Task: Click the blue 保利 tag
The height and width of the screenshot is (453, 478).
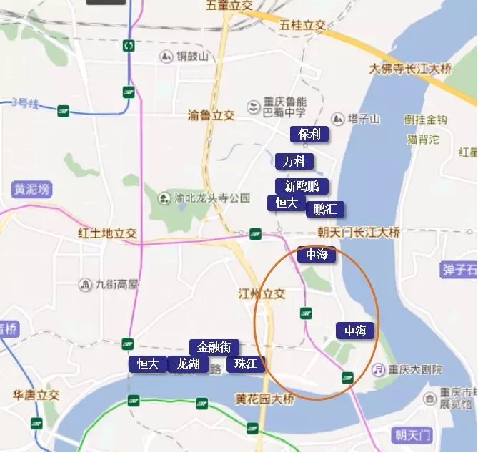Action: (x=309, y=134)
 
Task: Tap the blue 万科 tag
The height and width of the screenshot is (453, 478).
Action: (x=294, y=161)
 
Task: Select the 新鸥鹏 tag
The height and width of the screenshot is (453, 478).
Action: (x=302, y=186)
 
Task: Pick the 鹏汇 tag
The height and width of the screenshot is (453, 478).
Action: (x=325, y=209)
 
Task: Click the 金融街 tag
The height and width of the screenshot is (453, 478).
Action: (x=214, y=347)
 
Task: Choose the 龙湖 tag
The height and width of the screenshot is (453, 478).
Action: (x=189, y=364)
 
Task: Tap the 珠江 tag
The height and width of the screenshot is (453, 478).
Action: (x=245, y=364)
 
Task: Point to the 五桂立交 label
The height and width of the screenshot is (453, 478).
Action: (x=303, y=25)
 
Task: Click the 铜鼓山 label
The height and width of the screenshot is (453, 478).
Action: (x=193, y=56)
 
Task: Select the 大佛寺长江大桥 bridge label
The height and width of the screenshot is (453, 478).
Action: (x=411, y=69)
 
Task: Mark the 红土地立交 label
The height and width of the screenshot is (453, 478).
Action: (x=107, y=233)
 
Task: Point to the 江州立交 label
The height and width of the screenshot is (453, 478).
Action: (x=262, y=293)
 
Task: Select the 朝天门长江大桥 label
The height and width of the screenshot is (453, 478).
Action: (x=359, y=233)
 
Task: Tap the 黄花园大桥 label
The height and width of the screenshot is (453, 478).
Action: (x=264, y=399)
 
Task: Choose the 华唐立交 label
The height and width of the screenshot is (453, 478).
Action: (x=36, y=394)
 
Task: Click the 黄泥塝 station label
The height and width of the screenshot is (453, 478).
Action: (x=32, y=190)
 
